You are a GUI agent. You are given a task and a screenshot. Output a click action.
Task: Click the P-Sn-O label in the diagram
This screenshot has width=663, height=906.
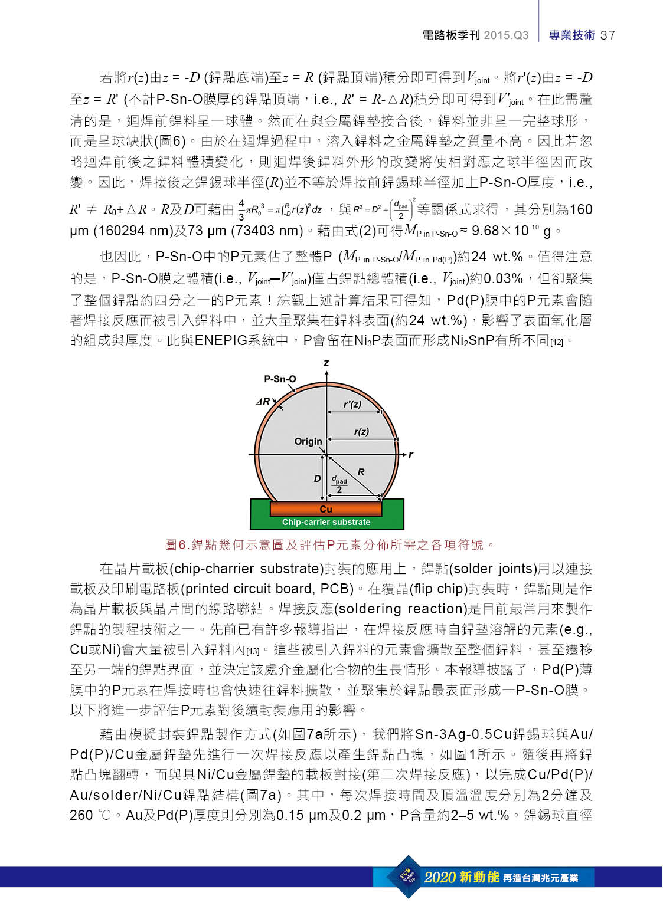coord(280,379)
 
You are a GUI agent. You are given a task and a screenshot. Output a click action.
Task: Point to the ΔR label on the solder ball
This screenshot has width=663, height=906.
coord(263,401)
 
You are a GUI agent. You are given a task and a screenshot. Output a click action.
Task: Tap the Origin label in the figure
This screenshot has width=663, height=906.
coord(308,441)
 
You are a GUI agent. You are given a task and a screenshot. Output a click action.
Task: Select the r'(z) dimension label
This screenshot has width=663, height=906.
coord(352,404)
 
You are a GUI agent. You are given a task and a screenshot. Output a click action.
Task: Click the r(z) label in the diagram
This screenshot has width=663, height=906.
coord(361,432)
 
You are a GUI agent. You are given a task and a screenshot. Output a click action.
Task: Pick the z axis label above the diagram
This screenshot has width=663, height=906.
coord(326,362)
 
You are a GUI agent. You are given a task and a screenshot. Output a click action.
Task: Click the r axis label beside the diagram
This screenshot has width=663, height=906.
coord(411,455)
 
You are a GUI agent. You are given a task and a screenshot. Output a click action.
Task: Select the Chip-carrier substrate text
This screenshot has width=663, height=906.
coord(326,522)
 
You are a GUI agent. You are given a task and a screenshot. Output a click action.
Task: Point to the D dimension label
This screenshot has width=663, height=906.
coord(317,478)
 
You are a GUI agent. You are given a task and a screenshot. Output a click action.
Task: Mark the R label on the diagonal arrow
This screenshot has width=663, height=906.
coord(361,472)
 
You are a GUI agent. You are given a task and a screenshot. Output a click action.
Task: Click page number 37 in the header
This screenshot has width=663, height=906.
coord(608,35)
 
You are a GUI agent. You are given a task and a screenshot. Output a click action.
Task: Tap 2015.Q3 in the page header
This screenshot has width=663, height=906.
coord(506,35)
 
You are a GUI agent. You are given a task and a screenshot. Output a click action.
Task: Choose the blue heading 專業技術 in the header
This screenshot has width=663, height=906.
coord(571,35)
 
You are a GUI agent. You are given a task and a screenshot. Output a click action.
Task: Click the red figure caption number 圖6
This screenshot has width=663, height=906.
coord(177,545)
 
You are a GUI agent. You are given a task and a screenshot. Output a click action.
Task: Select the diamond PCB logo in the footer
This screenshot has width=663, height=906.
coord(408,876)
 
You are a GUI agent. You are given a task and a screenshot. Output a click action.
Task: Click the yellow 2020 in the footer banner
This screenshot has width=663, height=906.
coord(440,877)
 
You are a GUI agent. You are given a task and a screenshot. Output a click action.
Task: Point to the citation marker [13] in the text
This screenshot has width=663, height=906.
coord(253,651)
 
